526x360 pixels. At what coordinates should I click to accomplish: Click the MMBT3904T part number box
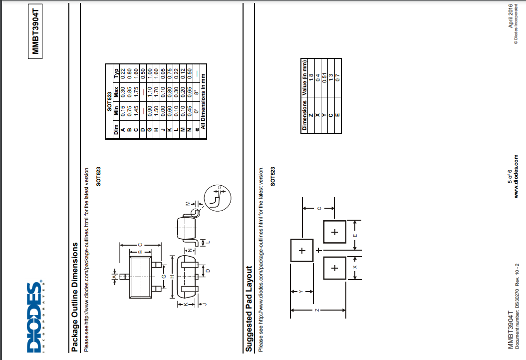35,31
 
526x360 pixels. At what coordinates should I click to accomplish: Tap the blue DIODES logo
35,317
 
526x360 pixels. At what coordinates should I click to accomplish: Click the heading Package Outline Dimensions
74,297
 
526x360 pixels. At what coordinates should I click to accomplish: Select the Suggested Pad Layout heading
249,309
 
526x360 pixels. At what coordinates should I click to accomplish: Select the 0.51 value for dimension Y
324,78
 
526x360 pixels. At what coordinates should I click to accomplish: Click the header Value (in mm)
304,78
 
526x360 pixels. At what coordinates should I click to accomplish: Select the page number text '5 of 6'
510,176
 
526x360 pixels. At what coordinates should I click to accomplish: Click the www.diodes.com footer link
517,176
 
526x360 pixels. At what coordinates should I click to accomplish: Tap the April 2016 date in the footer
511,16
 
